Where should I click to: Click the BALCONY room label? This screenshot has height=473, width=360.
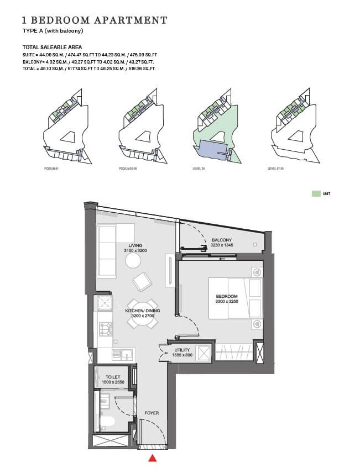221,240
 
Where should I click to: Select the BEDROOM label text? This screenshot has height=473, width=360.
226,297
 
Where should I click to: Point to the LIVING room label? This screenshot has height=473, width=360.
135,245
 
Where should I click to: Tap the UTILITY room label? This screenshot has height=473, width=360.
182,350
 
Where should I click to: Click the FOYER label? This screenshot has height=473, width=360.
152,412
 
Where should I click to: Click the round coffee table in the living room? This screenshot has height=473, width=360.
134,260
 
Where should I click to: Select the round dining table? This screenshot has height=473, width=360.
143,314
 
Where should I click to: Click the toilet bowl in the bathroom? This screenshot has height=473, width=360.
107,423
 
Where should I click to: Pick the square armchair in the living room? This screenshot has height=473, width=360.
142,283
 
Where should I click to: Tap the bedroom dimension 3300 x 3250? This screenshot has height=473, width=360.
226,303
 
